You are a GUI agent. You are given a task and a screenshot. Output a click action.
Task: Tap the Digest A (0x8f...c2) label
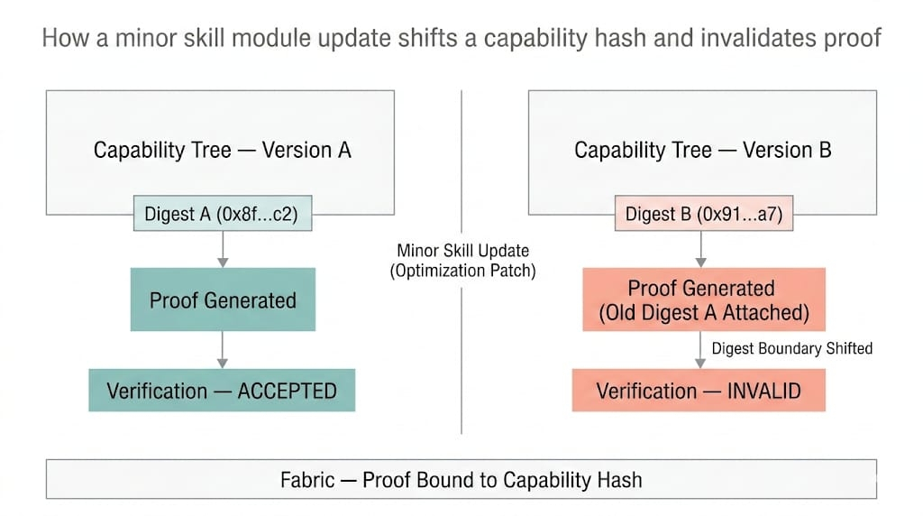coord(223,215)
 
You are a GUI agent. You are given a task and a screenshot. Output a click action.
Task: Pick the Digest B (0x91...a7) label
coord(703,215)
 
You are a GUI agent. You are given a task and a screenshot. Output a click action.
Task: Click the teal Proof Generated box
coord(223,299)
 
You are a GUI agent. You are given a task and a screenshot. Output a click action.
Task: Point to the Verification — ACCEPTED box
coord(222,391)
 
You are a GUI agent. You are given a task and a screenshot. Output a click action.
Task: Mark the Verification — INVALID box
coord(699,391)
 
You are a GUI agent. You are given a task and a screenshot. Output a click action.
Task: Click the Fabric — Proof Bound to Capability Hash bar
coord(461,479)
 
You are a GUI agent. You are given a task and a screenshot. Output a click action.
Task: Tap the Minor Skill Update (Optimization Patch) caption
coord(462,261)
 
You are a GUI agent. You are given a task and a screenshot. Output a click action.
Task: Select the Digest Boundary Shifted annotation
coord(791,348)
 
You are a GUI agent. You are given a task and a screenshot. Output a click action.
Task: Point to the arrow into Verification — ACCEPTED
coord(223,350)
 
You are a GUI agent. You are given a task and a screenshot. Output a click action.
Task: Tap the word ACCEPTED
coord(287,391)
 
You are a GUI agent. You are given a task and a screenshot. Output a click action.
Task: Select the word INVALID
coord(763,391)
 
